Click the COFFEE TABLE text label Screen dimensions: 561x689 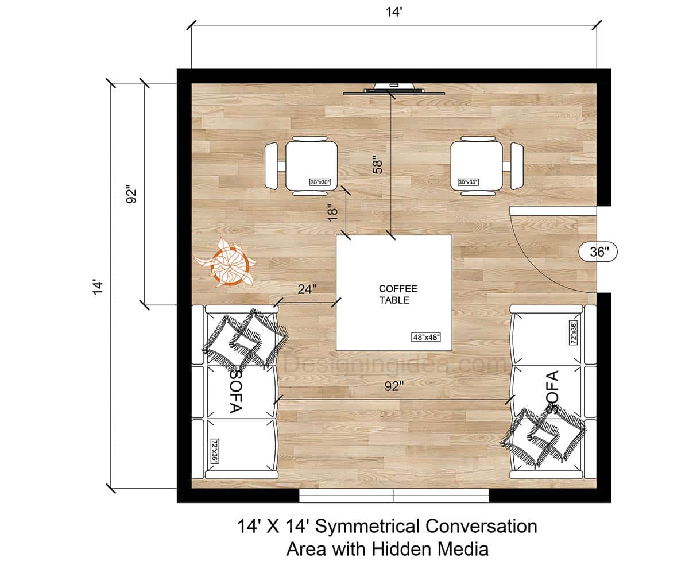[394, 294]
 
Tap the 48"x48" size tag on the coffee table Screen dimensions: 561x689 [425, 338]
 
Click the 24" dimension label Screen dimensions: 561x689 [307, 290]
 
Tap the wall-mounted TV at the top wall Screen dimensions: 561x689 [393, 89]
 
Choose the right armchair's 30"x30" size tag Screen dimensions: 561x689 [468, 183]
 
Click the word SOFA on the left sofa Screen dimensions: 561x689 [235, 392]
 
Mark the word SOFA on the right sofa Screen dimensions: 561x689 [552, 392]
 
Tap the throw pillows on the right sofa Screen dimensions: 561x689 [543, 435]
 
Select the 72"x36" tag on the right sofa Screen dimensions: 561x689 [574, 332]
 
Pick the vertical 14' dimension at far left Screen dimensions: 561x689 [99, 287]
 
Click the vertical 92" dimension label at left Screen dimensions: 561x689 [131, 194]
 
